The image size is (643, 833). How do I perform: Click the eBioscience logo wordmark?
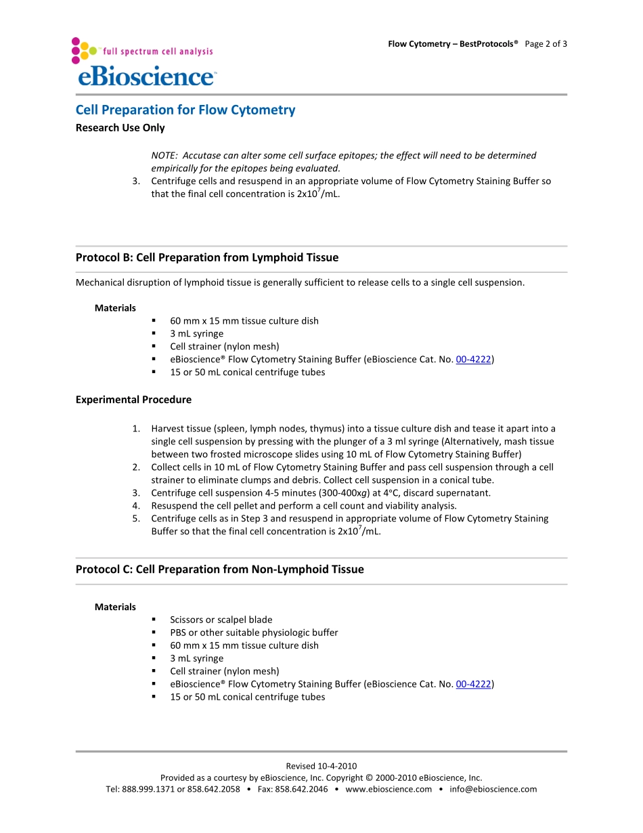pyautogui.click(x=146, y=75)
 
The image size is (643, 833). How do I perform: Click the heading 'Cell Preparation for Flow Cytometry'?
pyautogui.click(x=185, y=110)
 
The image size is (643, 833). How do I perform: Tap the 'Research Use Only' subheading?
pyautogui.click(x=120, y=127)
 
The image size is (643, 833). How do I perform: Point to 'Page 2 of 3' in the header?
pyautogui.click(x=546, y=44)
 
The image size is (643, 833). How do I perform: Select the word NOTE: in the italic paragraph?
pyautogui.click(x=164, y=156)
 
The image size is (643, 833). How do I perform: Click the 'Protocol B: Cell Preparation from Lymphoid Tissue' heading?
pyautogui.click(x=206, y=257)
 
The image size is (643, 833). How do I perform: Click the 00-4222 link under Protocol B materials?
pyautogui.click(x=473, y=360)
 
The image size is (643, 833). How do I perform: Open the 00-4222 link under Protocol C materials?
pyautogui.click(x=473, y=684)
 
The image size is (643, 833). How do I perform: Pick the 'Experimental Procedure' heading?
pyautogui.click(x=133, y=400)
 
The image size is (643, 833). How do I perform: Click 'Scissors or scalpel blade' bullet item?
pyautogui.click(x=221, y=620)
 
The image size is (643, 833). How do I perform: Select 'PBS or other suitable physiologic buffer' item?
pyautogui.click(x=254, y=633)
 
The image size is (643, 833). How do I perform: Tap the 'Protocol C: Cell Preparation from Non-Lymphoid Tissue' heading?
pyautogui.click(x=219, y=570)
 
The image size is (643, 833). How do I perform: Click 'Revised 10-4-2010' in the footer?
pyautogui.click(x=321, y=766)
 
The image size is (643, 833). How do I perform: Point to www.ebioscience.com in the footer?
pyautogui.click(x=389, y=789)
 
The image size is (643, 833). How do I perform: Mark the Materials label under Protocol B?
pyautogui.click(x=115, y=308)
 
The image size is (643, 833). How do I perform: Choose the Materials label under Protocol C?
pyautogui.click(x=115, y=607)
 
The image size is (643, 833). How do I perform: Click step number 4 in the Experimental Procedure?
pyautogui.click(x=136, y=506)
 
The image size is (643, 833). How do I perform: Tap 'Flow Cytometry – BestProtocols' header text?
pyautogui.click(x=452, y=44)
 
